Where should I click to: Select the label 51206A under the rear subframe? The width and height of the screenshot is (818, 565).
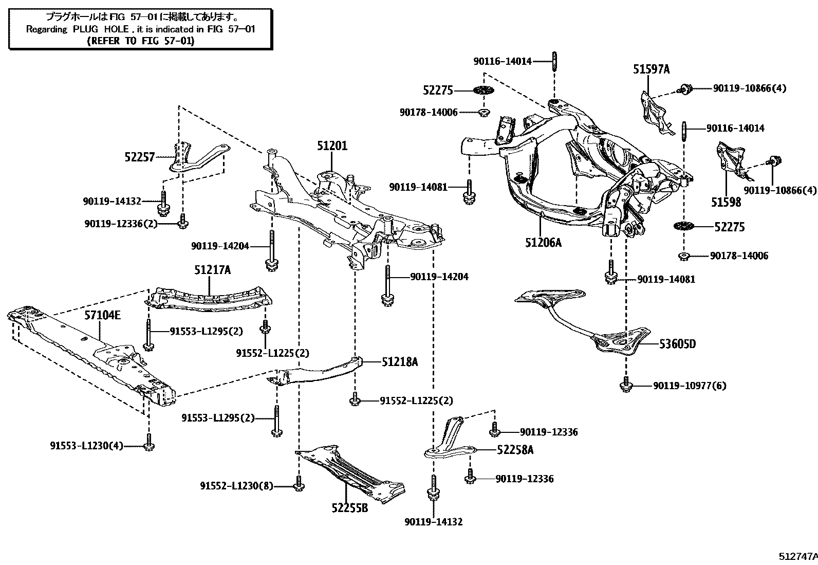pyautogui.click(x=543, y=242)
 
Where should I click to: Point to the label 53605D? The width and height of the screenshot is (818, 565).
pyautogui.click(x=677, y=344)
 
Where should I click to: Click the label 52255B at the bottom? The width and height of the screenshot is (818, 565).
pyautogui.click(x=349, y=508)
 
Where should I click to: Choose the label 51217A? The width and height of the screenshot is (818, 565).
pyautogui.click(x=212, y=269)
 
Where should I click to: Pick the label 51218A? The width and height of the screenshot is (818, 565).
pyautogui.click(x=399, y=362)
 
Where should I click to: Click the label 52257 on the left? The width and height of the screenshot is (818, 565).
pyautogui.click(x=139, y=157)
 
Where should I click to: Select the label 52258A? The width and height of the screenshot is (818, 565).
pyautogui.click(x=515, y=450)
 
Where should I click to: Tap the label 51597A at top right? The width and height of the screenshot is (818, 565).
pyautogui.click(x=651, y=69)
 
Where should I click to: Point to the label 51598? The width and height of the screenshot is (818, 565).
pyautogui.click(x=726, y=202)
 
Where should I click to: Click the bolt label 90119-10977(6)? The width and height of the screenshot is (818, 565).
pyautogui.click(x=690, y=386)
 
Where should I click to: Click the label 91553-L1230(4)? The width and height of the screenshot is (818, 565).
pyautogui.click(x=86, y=446)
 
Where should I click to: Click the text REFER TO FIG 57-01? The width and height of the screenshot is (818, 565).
pyautogui.click(x=140, y=41)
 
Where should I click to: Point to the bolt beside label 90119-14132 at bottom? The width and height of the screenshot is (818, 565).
pyautogui.click(x=433, y=489)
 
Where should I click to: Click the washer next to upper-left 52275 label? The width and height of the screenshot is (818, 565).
pyautogui.click(x=483, y=90)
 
